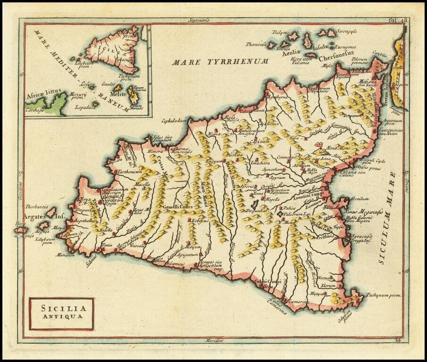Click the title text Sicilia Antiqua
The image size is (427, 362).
[x=61, y=313]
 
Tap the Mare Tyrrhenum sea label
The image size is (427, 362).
[x=220, y=61]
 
